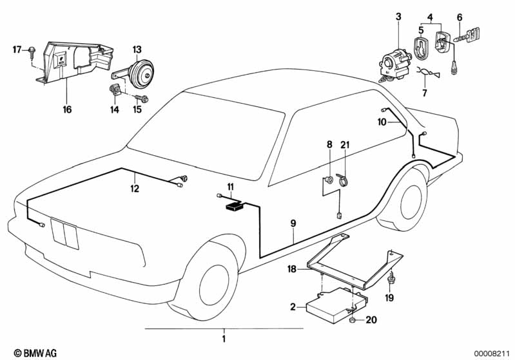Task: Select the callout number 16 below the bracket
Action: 67,109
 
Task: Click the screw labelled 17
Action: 31,52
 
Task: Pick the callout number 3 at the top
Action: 398,15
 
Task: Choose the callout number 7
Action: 424,93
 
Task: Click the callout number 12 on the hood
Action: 134,189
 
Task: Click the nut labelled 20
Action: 353,319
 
